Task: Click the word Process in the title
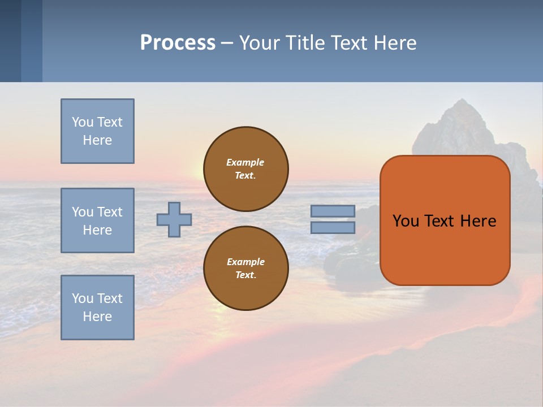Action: click(178, 43)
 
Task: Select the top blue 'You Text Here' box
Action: click(97, 131)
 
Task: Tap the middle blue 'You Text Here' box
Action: click(97, 220)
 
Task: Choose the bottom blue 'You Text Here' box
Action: click(97, 307)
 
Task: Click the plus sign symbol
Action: click(174, 219)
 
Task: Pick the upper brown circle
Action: click(245, 169)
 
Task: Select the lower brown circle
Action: click(245, 269)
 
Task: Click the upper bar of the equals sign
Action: click(333, 211)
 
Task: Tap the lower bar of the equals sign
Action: click(333, 228)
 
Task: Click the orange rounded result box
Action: click(445, 220)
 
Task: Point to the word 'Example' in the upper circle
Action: click(245, 162)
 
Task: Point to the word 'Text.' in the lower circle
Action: click(245, 275)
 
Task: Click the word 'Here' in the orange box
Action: click(478, 221)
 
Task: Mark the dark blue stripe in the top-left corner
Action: click(10, 41)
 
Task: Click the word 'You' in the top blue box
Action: click(82, 122)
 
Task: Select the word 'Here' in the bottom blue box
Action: click(97, 317)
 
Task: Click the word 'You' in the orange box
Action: click(406, 221)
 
